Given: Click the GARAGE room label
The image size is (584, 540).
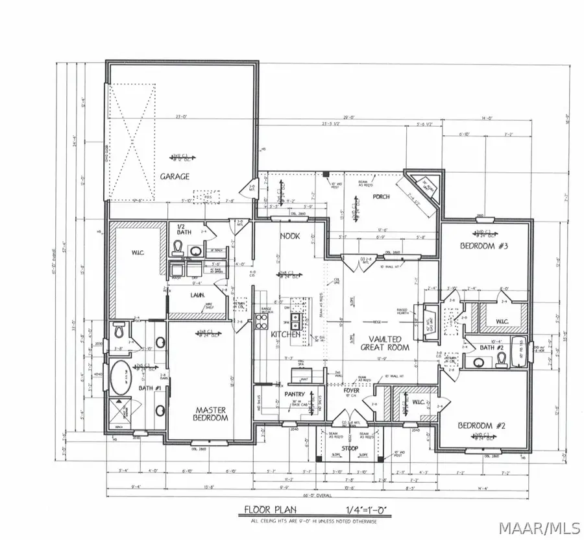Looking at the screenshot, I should pyautogui.click(x=176, y=176).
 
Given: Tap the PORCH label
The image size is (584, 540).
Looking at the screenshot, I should pyautogui.click(x=382, y=196).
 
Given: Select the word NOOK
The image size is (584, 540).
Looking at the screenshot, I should pyautogui.click(x=289, y=237).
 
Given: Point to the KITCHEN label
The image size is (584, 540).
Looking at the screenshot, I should pyautogui.click(x=286, y=334).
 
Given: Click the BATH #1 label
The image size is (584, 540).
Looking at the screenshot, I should pyautogui.click(x=149, y=388).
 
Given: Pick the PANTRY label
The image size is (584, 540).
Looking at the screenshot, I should pyautogui.click(x=295, y=394).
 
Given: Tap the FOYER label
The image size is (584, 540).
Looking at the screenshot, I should pyautogui.click(x=351, y=391).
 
